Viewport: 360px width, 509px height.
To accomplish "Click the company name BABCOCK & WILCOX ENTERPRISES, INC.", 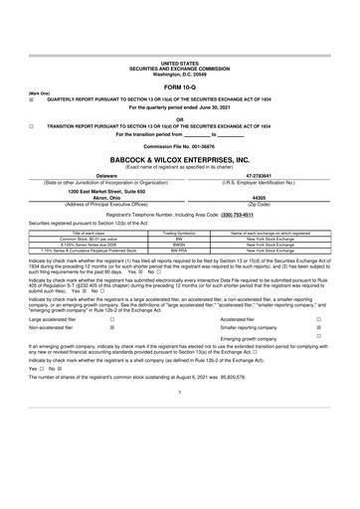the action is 179,159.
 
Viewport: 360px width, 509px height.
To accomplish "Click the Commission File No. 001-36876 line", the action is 179,146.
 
